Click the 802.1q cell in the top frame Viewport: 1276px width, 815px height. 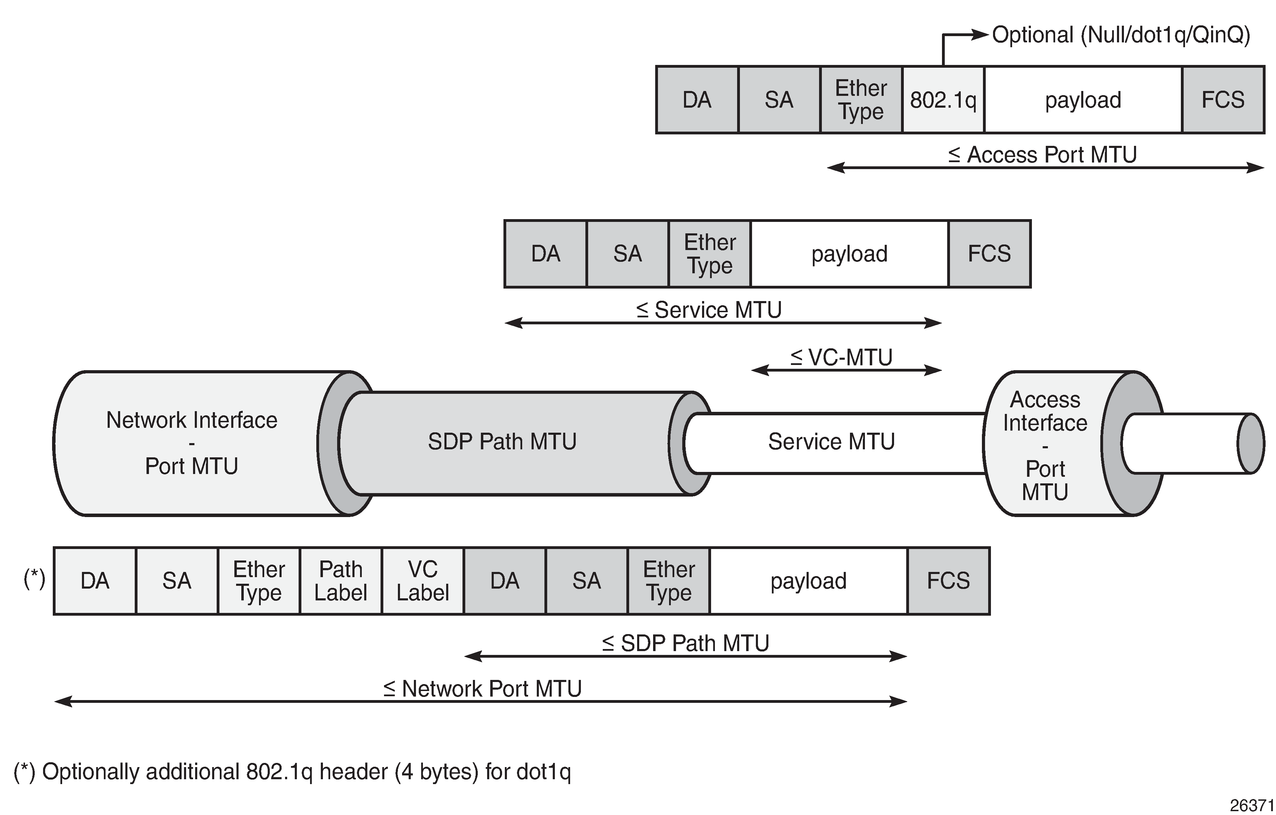tap(943, 100)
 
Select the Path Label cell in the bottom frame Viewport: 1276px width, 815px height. tap(340, 581)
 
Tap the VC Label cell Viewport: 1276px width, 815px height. tap(422, 581)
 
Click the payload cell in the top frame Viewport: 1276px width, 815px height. tap(1083, 100)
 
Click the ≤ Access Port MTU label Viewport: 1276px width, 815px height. tap(1042, 155)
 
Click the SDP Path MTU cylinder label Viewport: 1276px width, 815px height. tap(502, 441)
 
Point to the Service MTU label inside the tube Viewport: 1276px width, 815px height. tap(831, 441)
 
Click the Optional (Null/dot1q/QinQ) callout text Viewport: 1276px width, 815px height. tap(1121, 35)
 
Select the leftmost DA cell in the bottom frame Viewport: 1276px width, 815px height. tap(95, 581)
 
